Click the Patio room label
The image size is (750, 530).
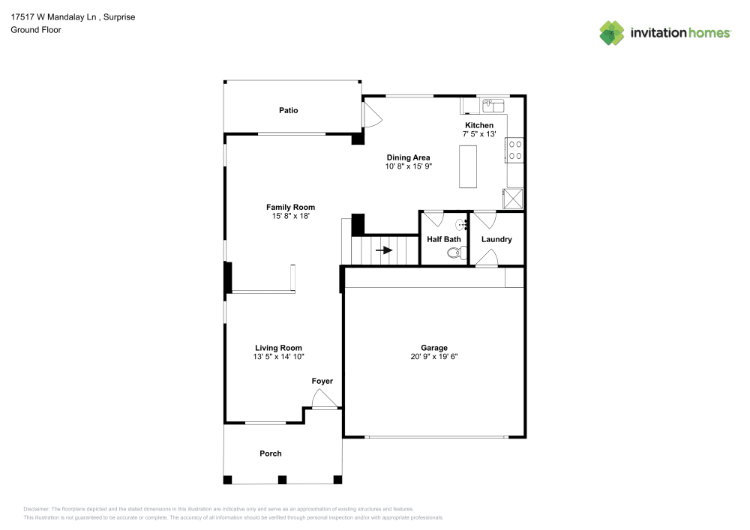288,110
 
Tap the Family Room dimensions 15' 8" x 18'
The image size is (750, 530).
290,216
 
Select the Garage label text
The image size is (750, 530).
433,348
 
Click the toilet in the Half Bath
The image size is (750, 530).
453,253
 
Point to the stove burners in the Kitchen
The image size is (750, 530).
515,150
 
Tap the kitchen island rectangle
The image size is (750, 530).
468,166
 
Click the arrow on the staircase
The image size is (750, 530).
384,250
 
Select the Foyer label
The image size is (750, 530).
322,382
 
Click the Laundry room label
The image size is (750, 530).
496,239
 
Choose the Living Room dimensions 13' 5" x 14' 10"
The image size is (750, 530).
278,357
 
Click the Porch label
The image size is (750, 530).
270,454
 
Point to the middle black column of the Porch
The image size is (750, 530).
282,479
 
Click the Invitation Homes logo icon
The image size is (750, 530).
611,33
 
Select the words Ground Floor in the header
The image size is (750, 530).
36,30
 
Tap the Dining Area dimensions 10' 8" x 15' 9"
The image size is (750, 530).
408,166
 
